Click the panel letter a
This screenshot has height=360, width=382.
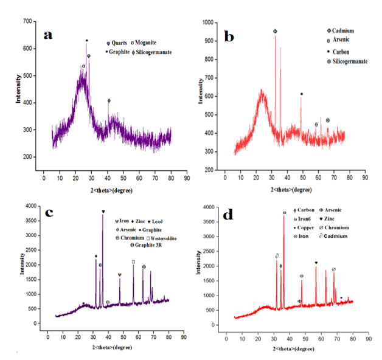pyautogui.click(x=48, y=35)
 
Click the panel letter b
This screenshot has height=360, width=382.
pyautogui.click(x=229, y=37)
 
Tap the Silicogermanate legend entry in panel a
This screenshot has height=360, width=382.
pyautogui.click(x=150, y=52)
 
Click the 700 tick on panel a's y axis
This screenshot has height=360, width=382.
pyautogui.click(x=28, y=22)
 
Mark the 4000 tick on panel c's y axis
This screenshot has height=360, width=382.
pyautogui.click(x=27, y=206)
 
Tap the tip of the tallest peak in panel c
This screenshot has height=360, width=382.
pyautogui.click(x=103, y=215)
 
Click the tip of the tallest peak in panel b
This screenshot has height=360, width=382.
pyautogui.click(x=275, y=35)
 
